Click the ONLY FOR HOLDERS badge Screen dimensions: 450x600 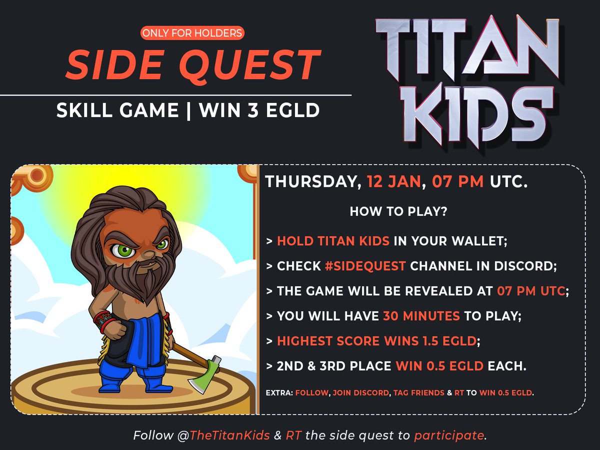(x=192, y=33)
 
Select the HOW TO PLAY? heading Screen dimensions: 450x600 (x=398, y=211)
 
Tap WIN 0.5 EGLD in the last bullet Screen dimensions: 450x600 (x=439, y=366)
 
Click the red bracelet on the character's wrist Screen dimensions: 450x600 (x=102, y=320)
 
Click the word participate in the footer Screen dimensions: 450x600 (x=449, y=435)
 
